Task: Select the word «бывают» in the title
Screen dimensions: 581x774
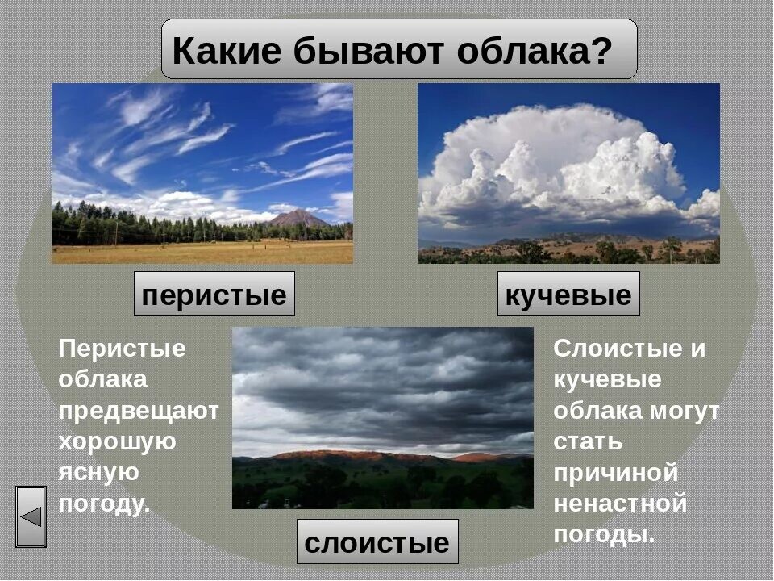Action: click(x=367, y=52)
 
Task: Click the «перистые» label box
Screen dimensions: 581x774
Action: click(x=214, y=295)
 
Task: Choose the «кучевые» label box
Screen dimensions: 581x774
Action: click(x=568, y=295)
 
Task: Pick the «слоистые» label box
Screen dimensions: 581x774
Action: click(x=377, y=542)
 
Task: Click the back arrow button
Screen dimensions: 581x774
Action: click(x=31, y=516)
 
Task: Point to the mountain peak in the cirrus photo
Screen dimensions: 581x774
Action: click(x=298, y=216)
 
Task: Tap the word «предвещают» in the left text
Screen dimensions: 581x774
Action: click(x=139, y=411)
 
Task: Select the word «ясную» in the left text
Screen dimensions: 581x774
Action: click(x=98, y=473)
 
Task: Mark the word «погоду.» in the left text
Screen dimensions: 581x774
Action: click(x=105, y=504)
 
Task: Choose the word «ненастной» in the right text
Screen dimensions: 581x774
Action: click(x=620, y=504)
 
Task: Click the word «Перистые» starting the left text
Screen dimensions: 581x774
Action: click(x=122, y=349)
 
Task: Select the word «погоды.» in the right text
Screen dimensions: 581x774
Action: click(x=604, y=535)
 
